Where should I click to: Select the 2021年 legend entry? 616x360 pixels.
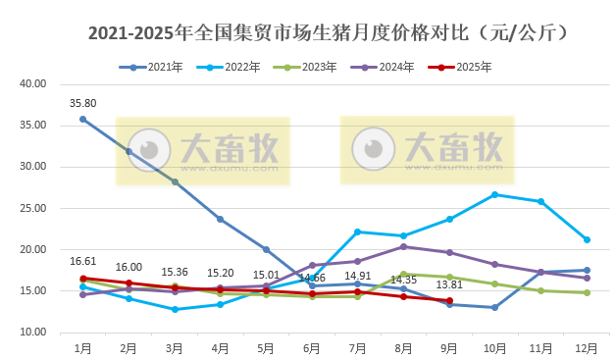point(158,68)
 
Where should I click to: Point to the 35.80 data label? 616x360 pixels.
point(82,103)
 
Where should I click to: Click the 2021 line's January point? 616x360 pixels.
point(82,119)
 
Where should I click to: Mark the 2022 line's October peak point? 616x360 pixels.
point(494,194)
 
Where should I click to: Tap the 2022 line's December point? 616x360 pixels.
point(587,239)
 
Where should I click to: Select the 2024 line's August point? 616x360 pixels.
point(403,246)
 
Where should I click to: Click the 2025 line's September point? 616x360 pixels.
point(449,300)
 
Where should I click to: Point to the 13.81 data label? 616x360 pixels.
point(448,283)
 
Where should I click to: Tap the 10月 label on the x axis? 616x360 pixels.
point(494,347)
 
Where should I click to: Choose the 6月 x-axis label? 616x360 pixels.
point(312,347)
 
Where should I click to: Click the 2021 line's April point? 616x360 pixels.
point(220,219)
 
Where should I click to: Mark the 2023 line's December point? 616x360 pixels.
point(587,292)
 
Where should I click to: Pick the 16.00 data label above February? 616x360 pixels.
point(128,267)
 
